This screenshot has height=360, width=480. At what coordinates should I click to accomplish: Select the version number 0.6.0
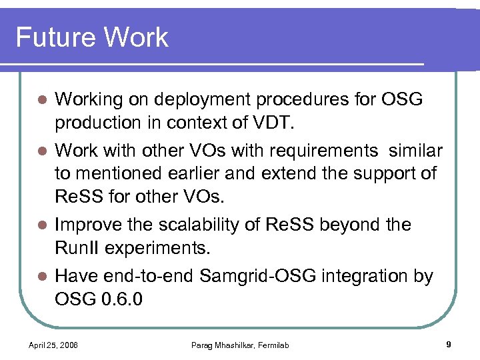[x=123, y=299]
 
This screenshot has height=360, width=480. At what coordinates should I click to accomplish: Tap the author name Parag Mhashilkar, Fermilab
[x=240, y=345]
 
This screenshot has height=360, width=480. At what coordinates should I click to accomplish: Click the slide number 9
[x=448, y=344]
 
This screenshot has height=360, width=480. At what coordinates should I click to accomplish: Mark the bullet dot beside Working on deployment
[x=41, y=101]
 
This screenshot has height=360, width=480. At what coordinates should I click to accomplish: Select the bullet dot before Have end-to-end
[x=41, y=276]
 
